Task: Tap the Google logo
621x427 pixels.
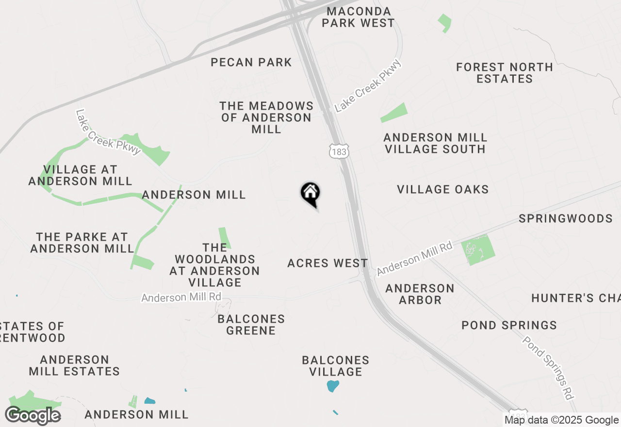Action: tap(33, 415)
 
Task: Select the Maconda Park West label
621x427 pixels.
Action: tap(358, 17)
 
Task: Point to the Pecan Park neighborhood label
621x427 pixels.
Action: tap(251, 62)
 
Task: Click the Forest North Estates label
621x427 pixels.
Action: tap(505, 73)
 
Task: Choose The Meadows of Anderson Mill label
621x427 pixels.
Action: tap(266, 117)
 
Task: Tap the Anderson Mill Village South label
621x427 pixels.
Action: tap(435, 143)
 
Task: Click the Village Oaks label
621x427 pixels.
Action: tap(443, 189)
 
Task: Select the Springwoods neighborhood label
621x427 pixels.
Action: tap(566, 218)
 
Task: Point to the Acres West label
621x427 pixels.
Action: tap(327, 263)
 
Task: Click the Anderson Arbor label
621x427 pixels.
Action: tap(420, 294)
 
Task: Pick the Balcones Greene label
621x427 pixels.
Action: tap(251, 325)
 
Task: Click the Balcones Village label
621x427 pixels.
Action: tap(336, 366)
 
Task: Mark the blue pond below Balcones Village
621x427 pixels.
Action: tap(333, 386)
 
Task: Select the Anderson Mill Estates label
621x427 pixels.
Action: tap(74, 365)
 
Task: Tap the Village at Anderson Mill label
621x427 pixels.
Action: tap(80, 175)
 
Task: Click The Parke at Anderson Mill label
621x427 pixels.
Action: tap(82, 243)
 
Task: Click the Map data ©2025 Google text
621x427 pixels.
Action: tap(561, 420)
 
